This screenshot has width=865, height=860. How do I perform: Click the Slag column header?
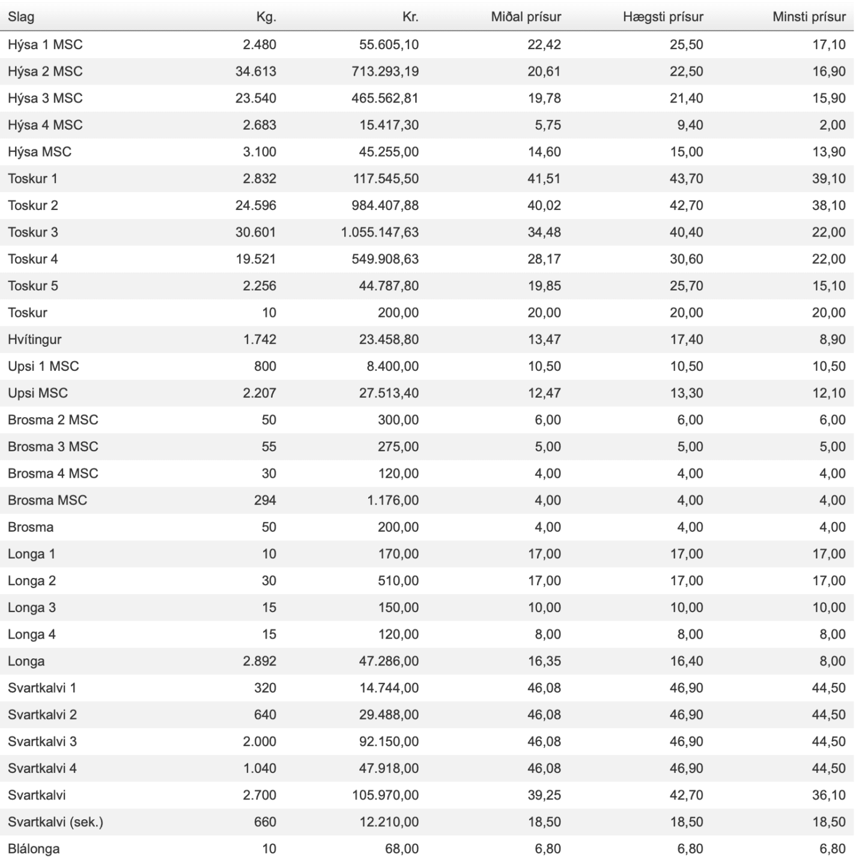[21, 17]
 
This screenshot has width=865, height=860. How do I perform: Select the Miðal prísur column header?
[526, 17]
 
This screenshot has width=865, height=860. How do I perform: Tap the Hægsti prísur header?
[663, 17]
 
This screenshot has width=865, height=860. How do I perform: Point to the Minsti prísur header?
[809, 17]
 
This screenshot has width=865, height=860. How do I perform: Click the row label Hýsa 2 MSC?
[45, 71]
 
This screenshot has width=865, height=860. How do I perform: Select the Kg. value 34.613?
[255, 71]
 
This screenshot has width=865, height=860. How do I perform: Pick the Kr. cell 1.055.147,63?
[380, 232]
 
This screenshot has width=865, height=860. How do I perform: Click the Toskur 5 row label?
[33, 286]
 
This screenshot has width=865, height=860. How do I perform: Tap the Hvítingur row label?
[35, 340]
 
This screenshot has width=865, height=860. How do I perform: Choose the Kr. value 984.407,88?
[385, 205]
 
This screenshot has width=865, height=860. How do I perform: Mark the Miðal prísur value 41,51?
[544, 179]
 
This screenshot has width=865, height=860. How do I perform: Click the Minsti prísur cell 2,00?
[833, 125]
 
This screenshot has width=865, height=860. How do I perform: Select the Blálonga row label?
[34, 849]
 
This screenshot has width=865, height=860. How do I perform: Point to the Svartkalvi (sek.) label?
[55, 822]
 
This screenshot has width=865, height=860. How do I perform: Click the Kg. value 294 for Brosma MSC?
[265, 501]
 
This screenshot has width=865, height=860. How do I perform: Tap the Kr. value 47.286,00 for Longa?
[389, 661]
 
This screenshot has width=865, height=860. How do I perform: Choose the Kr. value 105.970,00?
[385, 795]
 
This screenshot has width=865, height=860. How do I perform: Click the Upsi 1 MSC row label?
[43, 366]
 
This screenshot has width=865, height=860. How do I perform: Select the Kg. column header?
[266, 17]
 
